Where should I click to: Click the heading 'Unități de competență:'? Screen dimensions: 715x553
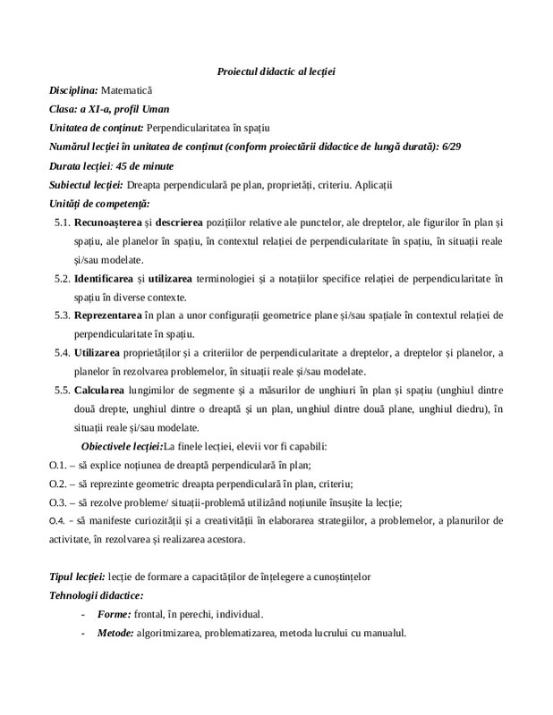[x=98, y=204]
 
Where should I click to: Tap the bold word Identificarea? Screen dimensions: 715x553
[x=109, y=279]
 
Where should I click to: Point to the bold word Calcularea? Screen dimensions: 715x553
[x=103, y=390]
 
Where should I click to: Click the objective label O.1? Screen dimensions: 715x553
[x=57, y=466]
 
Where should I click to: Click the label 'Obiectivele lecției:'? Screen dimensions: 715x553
[x=122, y=446]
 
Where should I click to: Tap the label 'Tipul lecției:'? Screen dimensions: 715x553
[x=77, y=577]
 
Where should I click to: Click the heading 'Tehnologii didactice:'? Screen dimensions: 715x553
[x=96, y=595]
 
